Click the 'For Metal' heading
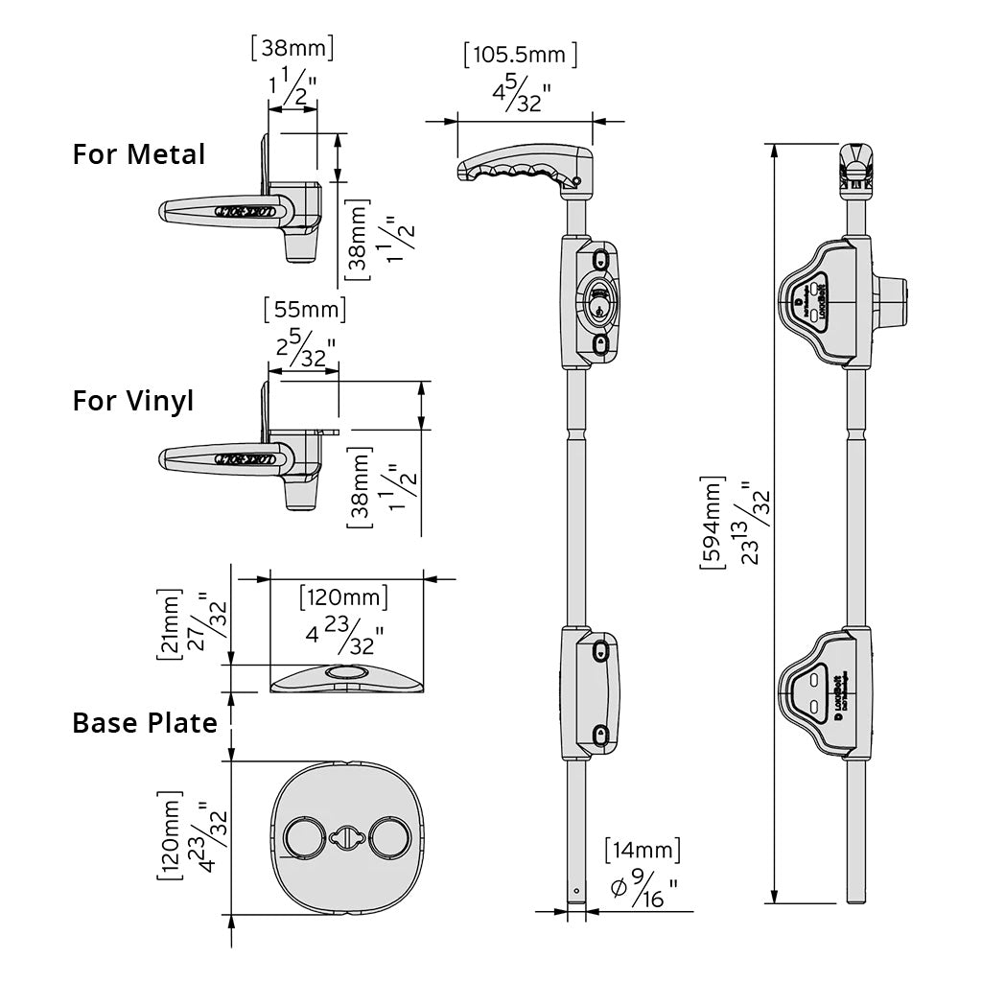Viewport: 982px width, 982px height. [138, 153]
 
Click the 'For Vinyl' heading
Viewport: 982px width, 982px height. [132, 400]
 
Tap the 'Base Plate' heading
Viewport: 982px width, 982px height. [145, 722]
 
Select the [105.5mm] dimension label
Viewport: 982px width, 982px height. [520, 54]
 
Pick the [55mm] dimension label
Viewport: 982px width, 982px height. [304, 311]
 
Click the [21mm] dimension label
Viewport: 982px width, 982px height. [169, 624]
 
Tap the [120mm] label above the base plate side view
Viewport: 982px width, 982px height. [343, 597]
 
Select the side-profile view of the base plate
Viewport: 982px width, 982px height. [347, 678]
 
